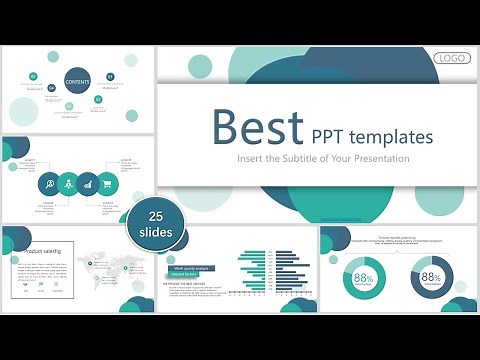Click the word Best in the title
pyautogui.click(x=256, y=128)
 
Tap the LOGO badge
pyautogui.click(x=453, y=58)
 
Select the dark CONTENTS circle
pyautogui.click(x=78, y=82)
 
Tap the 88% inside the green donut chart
pyautogui.click(x=363, y=279)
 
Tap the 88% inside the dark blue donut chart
pyautogui.click(x=431, y=278)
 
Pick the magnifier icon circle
pyautogui.click(x=48, y=184)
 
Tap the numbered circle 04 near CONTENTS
pyautogui.click(x=52, y=89)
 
